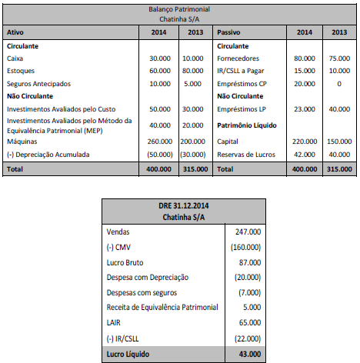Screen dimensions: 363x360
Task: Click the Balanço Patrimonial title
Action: [180, 6]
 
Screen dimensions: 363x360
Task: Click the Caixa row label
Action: [15, 58]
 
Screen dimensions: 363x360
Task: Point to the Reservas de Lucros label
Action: [246, 154]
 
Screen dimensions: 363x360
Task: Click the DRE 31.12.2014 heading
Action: [178, 205]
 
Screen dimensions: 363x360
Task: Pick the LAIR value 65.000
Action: [248, 322]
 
